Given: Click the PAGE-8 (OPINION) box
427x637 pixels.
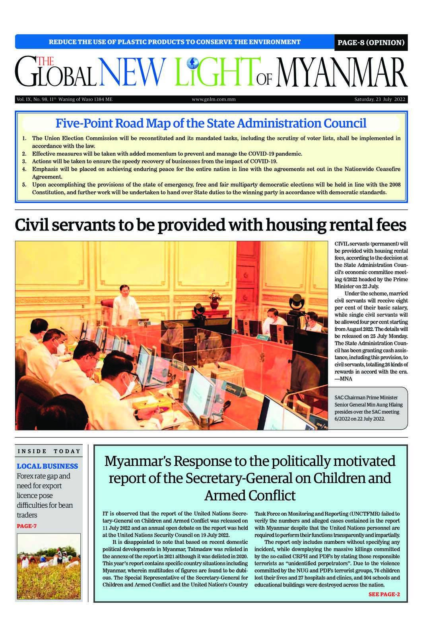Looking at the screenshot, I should click(371, 43).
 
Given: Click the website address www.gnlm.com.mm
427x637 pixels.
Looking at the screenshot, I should click(213, 99).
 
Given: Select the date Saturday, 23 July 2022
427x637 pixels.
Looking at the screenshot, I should click(380, 99).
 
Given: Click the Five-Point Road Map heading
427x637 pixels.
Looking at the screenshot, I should click(211, 123).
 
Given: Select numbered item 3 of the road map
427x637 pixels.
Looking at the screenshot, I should click(154, 161).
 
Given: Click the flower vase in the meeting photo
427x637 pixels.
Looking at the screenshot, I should click(215, 299).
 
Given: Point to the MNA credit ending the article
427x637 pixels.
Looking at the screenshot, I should click(343, 379).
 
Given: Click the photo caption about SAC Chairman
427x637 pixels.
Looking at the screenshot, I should click(368, 408).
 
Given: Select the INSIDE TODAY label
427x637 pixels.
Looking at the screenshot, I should click(49, 451).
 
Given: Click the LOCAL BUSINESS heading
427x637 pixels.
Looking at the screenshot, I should click(47, 466).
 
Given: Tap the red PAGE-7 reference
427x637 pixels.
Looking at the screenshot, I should click(27, 526).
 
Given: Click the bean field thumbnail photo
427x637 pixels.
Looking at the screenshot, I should click(49, 566).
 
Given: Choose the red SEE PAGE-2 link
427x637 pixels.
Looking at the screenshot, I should click(384, 594).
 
